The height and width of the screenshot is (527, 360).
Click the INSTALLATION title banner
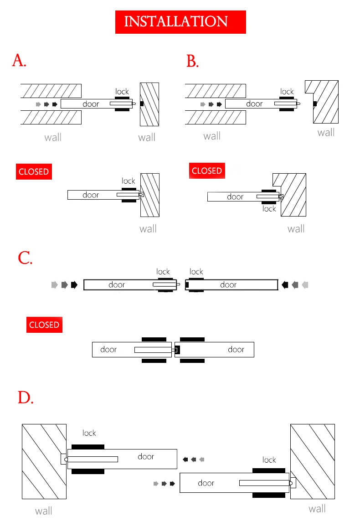180,22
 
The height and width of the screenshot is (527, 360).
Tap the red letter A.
19,61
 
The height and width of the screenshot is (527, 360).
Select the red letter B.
192,61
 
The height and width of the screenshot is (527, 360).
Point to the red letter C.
25,258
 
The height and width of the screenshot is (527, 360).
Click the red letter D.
26,398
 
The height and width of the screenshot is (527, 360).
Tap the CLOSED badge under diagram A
33,172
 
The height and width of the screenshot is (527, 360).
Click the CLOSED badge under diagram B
207,171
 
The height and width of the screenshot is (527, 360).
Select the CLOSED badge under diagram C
44,325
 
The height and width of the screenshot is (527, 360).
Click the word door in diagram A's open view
91,104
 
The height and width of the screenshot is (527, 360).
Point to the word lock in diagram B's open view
287,92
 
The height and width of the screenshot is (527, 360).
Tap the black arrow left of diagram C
74,285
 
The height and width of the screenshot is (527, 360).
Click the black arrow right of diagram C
285,285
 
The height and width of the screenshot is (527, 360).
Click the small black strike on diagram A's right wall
142,104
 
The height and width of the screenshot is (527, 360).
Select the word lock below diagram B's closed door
269,209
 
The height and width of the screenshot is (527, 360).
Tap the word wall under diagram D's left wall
44,511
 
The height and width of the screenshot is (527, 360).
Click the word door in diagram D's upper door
146,456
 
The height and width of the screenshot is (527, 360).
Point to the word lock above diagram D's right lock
269,460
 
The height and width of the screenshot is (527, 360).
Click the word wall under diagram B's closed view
296,228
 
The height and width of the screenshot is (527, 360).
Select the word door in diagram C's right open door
228,285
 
